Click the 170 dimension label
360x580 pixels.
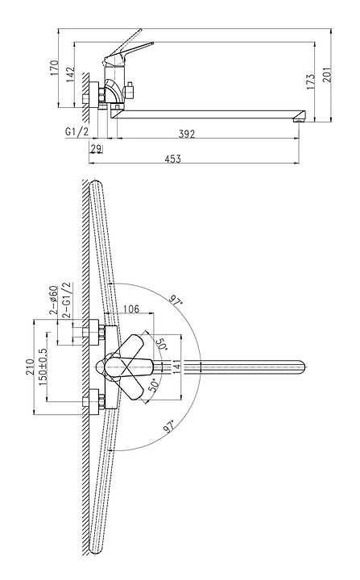click(x=55, y=68)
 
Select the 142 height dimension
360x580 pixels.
click(x=70, y=75)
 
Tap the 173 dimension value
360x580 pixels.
click(x=310, y=81)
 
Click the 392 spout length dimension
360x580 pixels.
click(x=187, y=133)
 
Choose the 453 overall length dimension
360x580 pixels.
click(x=173, y=159)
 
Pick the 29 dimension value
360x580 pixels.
click(x=96, y=148)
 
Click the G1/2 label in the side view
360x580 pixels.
click(x=77, y=132)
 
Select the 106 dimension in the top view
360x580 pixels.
click(x=130, y=309)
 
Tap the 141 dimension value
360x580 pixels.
click(x=176, y=367)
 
